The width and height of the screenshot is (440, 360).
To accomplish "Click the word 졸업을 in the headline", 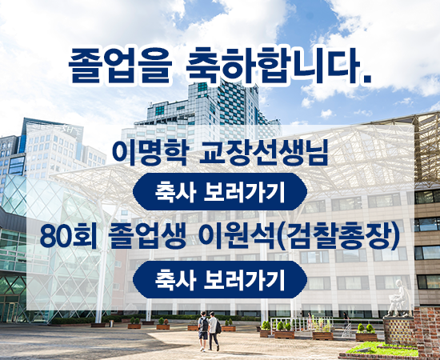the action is [120, 66].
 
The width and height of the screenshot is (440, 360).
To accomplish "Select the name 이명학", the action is [150, 154].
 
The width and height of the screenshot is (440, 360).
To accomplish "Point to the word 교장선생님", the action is [263, 154].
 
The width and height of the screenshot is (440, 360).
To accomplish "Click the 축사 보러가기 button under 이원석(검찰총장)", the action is [220, 279].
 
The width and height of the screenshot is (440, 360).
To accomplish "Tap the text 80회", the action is [69, 236].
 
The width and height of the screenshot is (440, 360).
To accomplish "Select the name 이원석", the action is [236, 236].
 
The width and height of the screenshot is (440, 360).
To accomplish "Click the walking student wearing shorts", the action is [203, 331].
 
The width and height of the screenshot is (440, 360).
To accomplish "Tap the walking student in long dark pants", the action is [214, 331].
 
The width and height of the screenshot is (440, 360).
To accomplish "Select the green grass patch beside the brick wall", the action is [382, 349].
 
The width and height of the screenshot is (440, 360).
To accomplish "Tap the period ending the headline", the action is [366, 80].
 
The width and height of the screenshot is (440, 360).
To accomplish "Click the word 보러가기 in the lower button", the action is [244, 279].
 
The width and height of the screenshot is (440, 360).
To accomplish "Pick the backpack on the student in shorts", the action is [205, 324].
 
